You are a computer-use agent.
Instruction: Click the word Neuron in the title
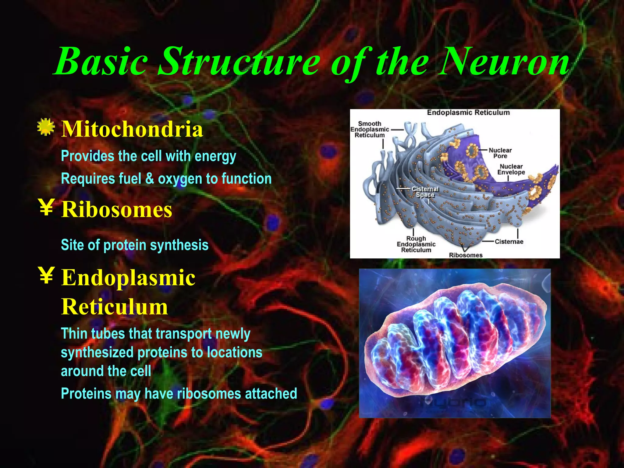[504, 62]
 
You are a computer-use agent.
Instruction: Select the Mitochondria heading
[132, 129]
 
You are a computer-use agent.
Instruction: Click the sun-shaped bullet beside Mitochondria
[46, 127]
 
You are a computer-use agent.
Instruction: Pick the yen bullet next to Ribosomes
[47, 207]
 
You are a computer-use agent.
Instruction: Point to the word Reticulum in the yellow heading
[115, 307]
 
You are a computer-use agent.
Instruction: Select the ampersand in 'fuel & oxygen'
[150, 179]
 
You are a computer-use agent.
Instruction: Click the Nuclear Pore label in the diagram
[500, 153]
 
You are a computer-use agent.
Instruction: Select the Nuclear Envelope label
[511, 169]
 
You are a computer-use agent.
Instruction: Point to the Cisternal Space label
[425, 192]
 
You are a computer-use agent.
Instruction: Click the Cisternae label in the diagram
[509, 242]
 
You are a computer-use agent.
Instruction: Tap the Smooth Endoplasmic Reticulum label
[369, 129]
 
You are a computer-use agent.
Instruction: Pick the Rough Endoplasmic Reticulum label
[416, 244]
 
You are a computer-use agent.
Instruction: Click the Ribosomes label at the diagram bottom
[466, 255]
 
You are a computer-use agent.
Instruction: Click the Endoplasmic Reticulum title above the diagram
[468, 112]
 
